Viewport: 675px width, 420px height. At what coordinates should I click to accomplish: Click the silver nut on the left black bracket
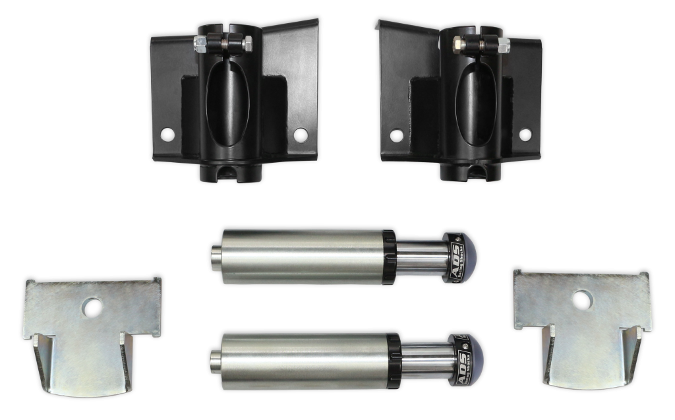200,45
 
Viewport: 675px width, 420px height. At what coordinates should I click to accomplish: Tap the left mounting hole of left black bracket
167,135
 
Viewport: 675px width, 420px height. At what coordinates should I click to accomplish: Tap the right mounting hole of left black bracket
301,135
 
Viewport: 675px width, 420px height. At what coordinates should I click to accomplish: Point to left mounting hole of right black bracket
396,135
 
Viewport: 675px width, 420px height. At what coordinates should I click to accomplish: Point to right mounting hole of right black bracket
525,135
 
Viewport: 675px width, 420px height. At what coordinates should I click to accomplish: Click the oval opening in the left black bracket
227,105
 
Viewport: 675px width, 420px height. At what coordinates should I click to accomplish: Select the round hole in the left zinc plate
92,307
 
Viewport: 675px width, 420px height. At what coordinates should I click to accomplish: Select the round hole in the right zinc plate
582,301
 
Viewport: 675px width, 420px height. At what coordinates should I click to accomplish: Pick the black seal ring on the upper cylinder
389,257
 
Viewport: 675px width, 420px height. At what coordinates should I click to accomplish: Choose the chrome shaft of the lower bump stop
425,360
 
